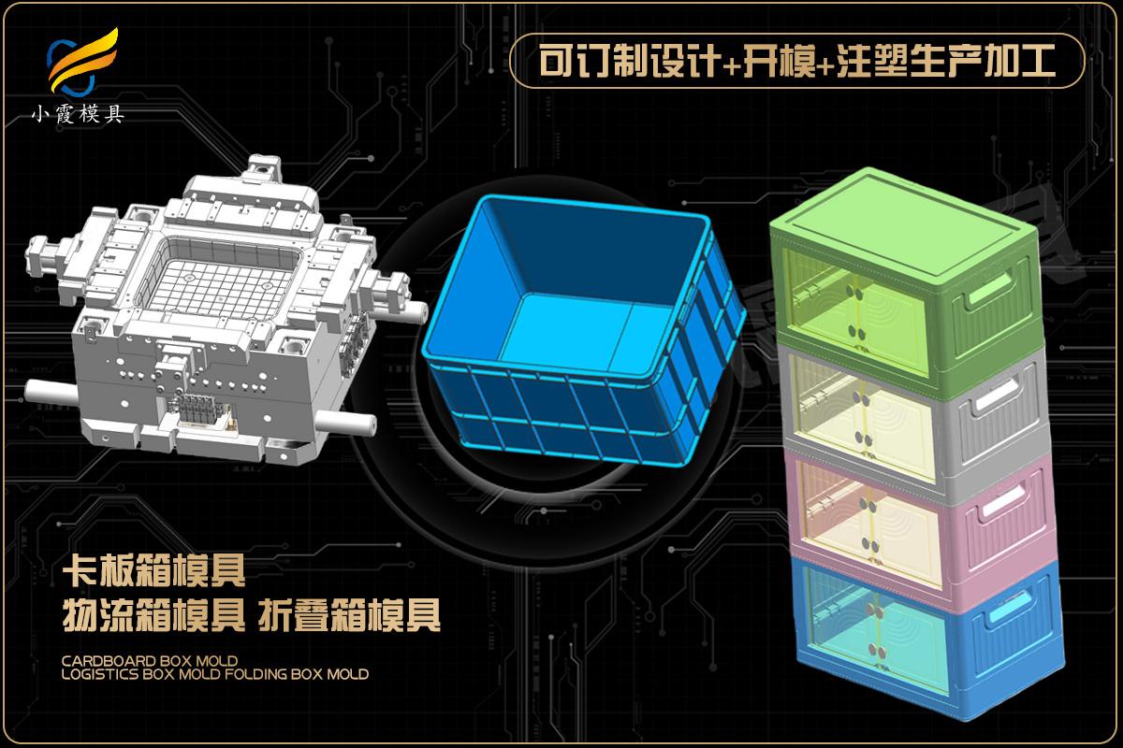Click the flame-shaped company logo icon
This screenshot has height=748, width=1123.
tap(82, 62)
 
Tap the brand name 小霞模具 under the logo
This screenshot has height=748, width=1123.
tap(78, 115)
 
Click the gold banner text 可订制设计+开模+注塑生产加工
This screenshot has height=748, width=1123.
tap(796, 61)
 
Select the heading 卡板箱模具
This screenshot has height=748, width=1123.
tap(153, 570)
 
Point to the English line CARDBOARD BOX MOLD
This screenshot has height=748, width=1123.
tap(150, 661)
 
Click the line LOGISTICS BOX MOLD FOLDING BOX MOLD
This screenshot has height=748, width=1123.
tap(215, 674)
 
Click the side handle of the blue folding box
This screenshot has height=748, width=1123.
tap(1009, 607)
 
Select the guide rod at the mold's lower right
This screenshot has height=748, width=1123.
tap(346, 423)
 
